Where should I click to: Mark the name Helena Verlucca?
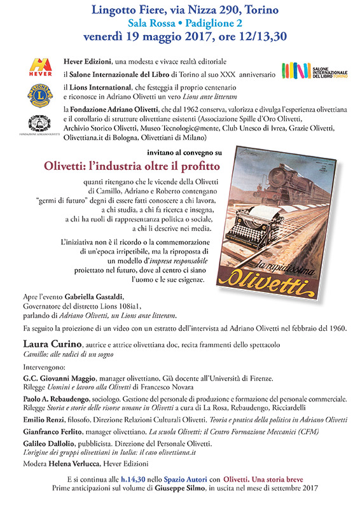[x=73, y=463]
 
